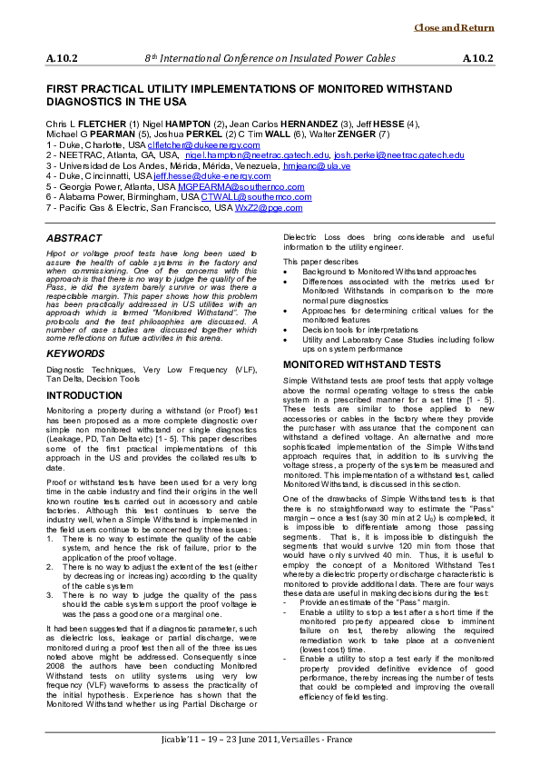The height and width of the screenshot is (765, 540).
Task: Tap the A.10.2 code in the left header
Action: [x=62, y=58]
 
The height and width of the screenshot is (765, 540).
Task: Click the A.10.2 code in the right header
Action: [x=477, y=58]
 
